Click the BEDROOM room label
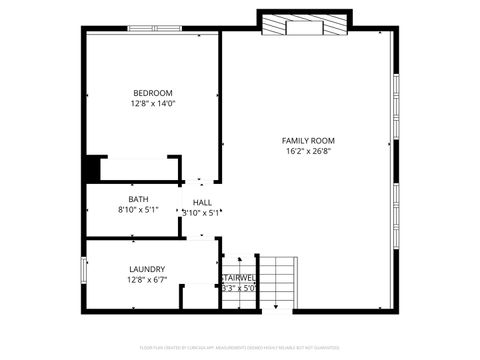click(x=153, y=93)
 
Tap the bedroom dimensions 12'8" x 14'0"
click(x=153, y=103)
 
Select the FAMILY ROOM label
click(x=309, y=141)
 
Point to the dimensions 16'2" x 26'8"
click(x=309, y=152)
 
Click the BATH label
click(x=138, y=199)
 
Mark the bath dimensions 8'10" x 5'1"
click(x=138, y=210)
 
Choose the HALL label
click(x=202, y=203)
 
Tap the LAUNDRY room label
click(x=147, y=269)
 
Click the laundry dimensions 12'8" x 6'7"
click(x=147, y=280)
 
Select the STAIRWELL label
click(x=239, y=277)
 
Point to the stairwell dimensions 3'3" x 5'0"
click(x=239, y=288)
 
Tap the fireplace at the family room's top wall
click(x=305, y=21)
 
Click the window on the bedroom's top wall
click(x=155, y=31)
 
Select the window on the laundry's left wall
click(x=84, y=270)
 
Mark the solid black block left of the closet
click(x=92, y=168)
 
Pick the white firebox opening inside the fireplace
click(x=305, y=28)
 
